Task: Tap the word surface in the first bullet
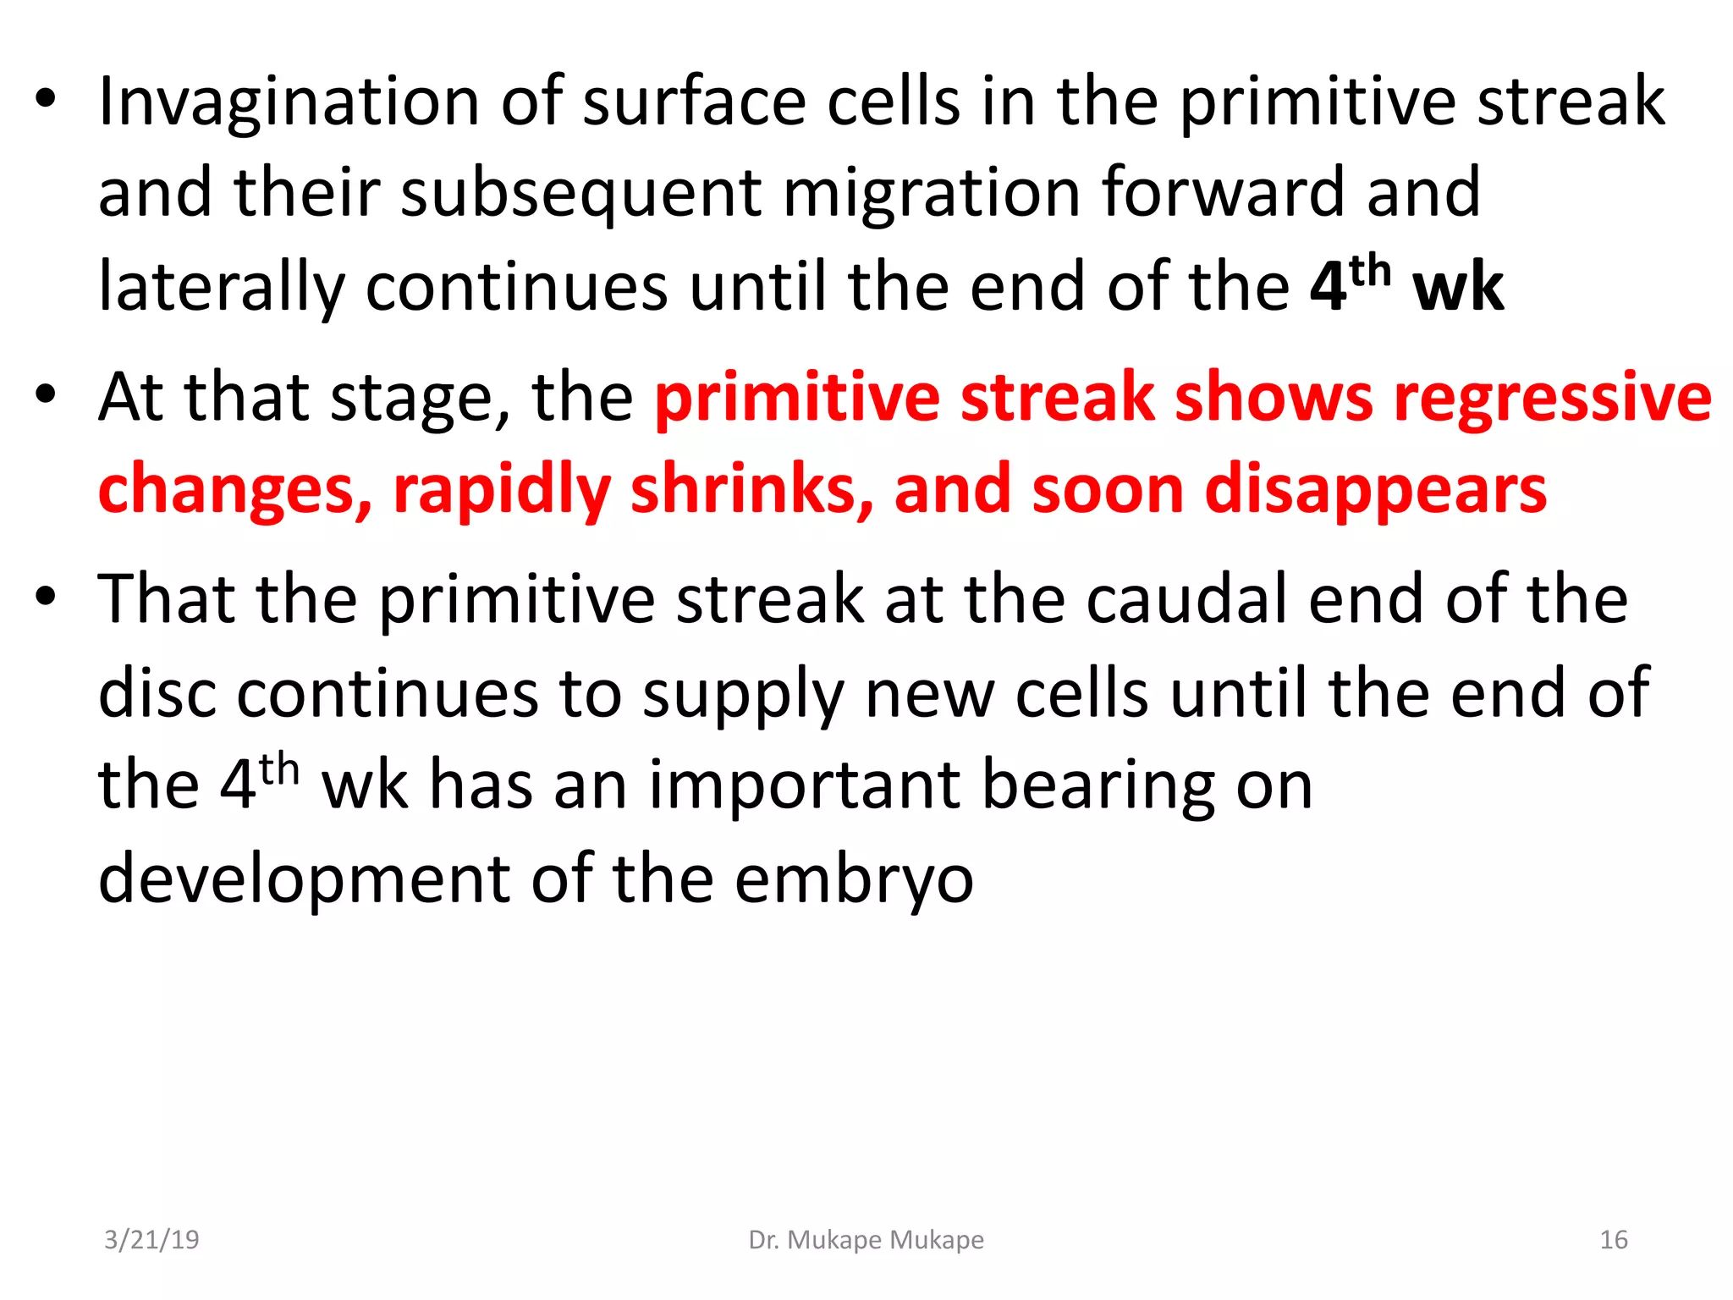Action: tap(694, 102)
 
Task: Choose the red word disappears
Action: tap(1376, 492)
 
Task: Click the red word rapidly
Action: tap(501, 492)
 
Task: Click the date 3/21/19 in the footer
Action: tap(151, 1240)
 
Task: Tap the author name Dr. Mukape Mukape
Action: tap(866, 1240)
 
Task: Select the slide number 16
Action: tap(1613, 1240)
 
